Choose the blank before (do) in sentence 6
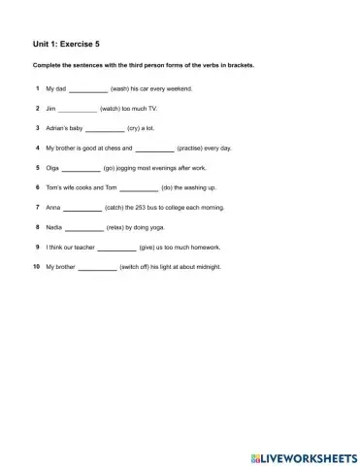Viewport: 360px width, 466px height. (x=138, y=187)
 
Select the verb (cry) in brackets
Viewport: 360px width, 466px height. (x=134, y=129)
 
